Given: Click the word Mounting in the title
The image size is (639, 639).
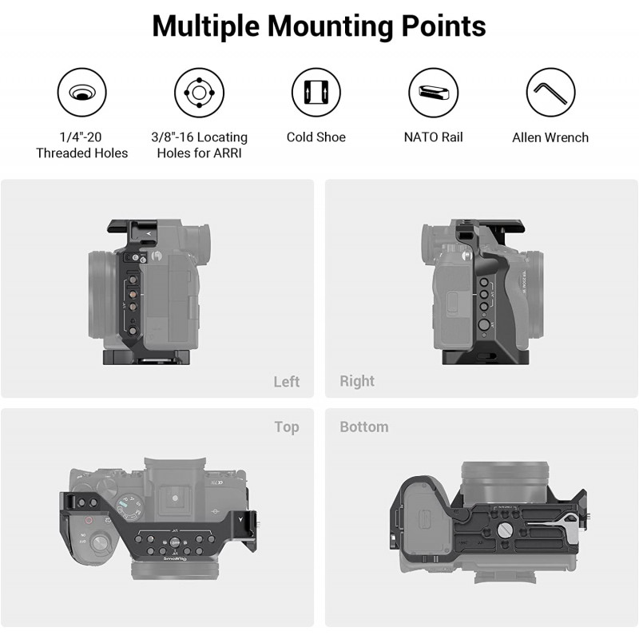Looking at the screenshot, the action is click(x=331, y=26).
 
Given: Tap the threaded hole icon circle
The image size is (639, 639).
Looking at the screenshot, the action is click(x=82, y=93).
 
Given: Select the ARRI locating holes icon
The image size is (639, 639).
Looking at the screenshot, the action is click(x=199, y=93).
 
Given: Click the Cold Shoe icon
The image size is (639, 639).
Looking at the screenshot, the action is click(x=316, y=93).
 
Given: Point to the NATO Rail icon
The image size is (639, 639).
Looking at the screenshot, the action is click(x=434, y=93).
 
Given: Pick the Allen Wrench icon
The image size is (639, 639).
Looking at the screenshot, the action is click(x=550, y=93).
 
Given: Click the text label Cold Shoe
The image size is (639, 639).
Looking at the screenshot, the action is click(x=316, y=137).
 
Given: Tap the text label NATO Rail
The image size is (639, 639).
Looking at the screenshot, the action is click(x=433, y=137).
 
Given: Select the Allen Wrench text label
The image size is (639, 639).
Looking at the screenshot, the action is click(x=550, y=137).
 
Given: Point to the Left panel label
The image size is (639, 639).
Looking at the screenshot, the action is click(x=287, y=382).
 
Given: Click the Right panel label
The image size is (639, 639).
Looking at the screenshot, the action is click(x=357, y=381).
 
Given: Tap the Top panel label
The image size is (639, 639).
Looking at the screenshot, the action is click(x=287, y=427).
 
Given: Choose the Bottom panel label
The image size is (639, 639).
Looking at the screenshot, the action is click(x=364, y=427).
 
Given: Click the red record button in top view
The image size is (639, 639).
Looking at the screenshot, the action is click(x=89, y=521).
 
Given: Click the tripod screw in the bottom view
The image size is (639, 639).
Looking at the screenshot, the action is click(x=504, y=530).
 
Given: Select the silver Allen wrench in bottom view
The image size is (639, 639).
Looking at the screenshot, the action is click(x=551, y=525).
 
